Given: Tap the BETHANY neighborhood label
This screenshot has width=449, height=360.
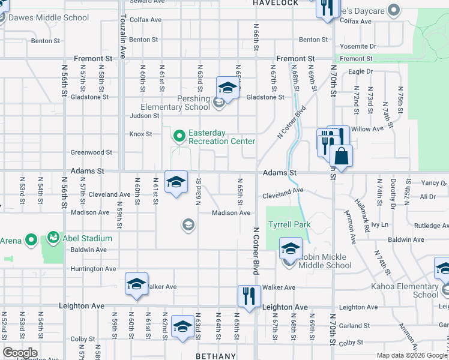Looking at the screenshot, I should [x=215, y=356].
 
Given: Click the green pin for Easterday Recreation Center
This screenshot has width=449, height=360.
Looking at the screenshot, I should [x=179, y=137].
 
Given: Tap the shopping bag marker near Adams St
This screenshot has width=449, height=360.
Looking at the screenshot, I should [x=341, y=156].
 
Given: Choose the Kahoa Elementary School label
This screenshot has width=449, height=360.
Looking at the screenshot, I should [x=408, y=290].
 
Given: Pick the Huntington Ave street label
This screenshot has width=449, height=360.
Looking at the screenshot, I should [x=93, y=269].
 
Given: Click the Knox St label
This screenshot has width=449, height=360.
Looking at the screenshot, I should [x=141, y=134].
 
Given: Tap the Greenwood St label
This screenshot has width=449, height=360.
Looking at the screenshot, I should [x=92, y=152].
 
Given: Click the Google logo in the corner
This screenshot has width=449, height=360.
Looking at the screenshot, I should [x=20, y=353].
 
